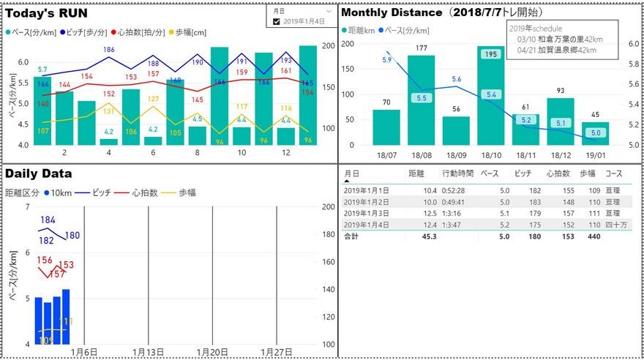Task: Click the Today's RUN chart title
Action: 48,12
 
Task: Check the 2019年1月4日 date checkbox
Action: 277,22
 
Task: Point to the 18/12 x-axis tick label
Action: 561,156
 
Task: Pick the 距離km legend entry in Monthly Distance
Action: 359,31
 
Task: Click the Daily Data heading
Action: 39,174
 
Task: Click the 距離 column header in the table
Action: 416,174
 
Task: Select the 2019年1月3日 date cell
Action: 367,214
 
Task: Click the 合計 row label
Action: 351,237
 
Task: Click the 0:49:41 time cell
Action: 457,202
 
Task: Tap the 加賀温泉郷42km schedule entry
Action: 556,50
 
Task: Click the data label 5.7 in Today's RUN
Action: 42,70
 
